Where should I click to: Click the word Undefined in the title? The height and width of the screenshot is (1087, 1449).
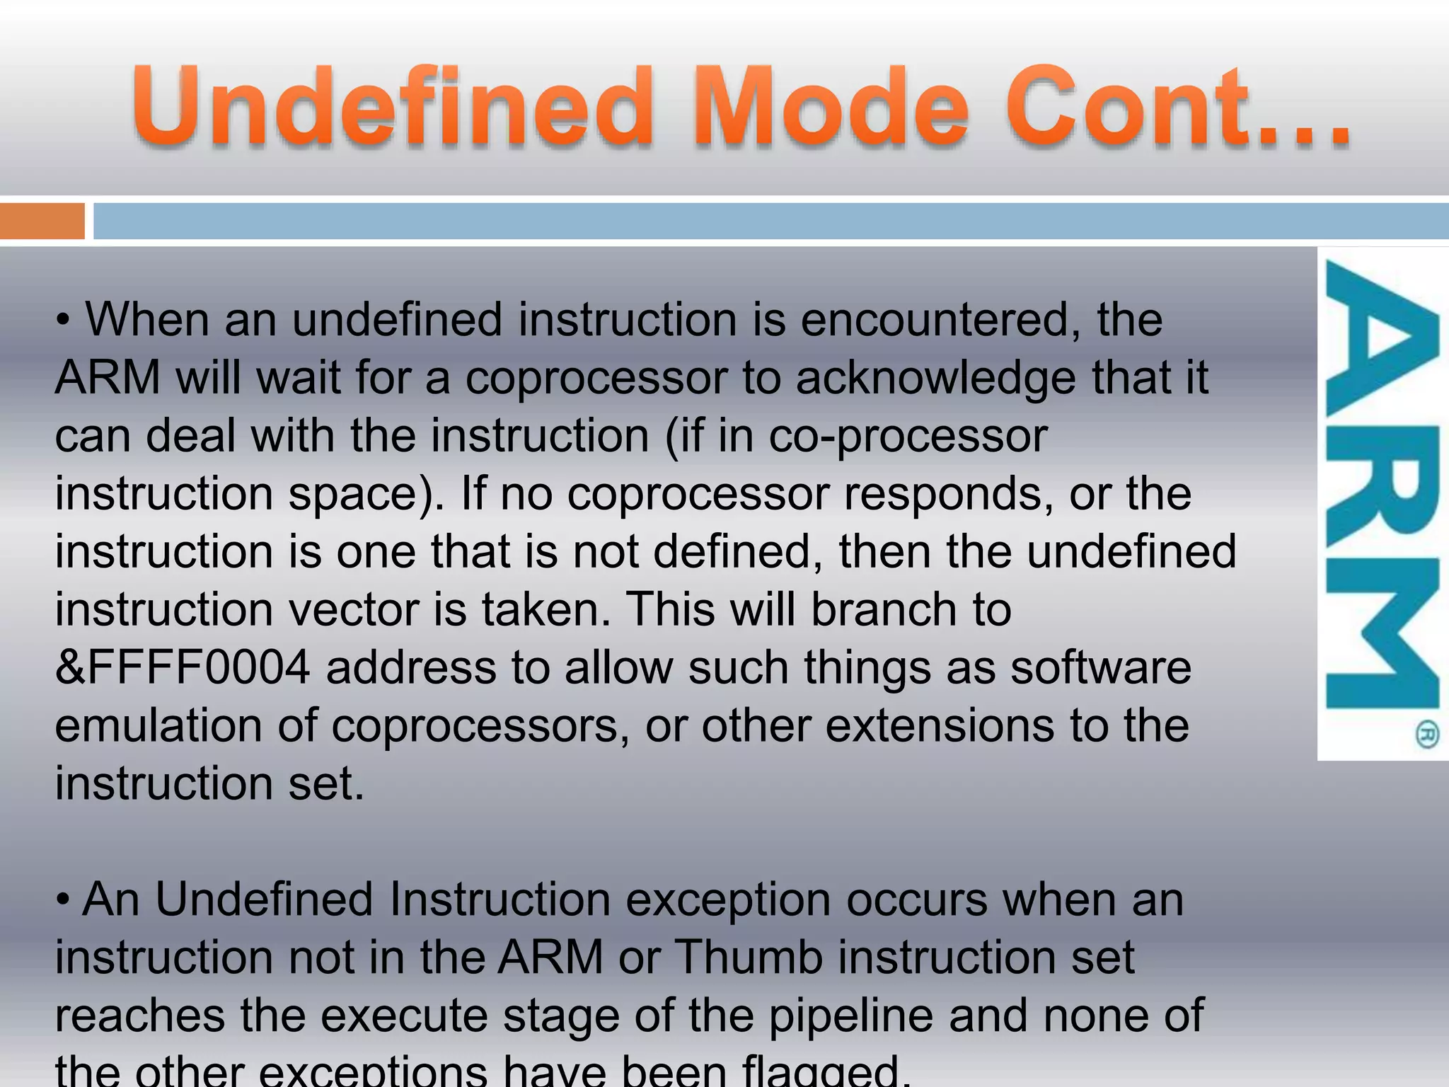[x=393, y=106]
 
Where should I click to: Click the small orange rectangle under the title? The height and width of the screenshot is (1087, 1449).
[x=42, y=221]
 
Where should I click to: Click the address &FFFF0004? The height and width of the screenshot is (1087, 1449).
[x=183, y=668]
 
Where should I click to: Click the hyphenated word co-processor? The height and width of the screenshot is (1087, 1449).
[x=907, y=436]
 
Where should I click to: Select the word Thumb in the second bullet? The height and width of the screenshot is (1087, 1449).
[x=749, y=958]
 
